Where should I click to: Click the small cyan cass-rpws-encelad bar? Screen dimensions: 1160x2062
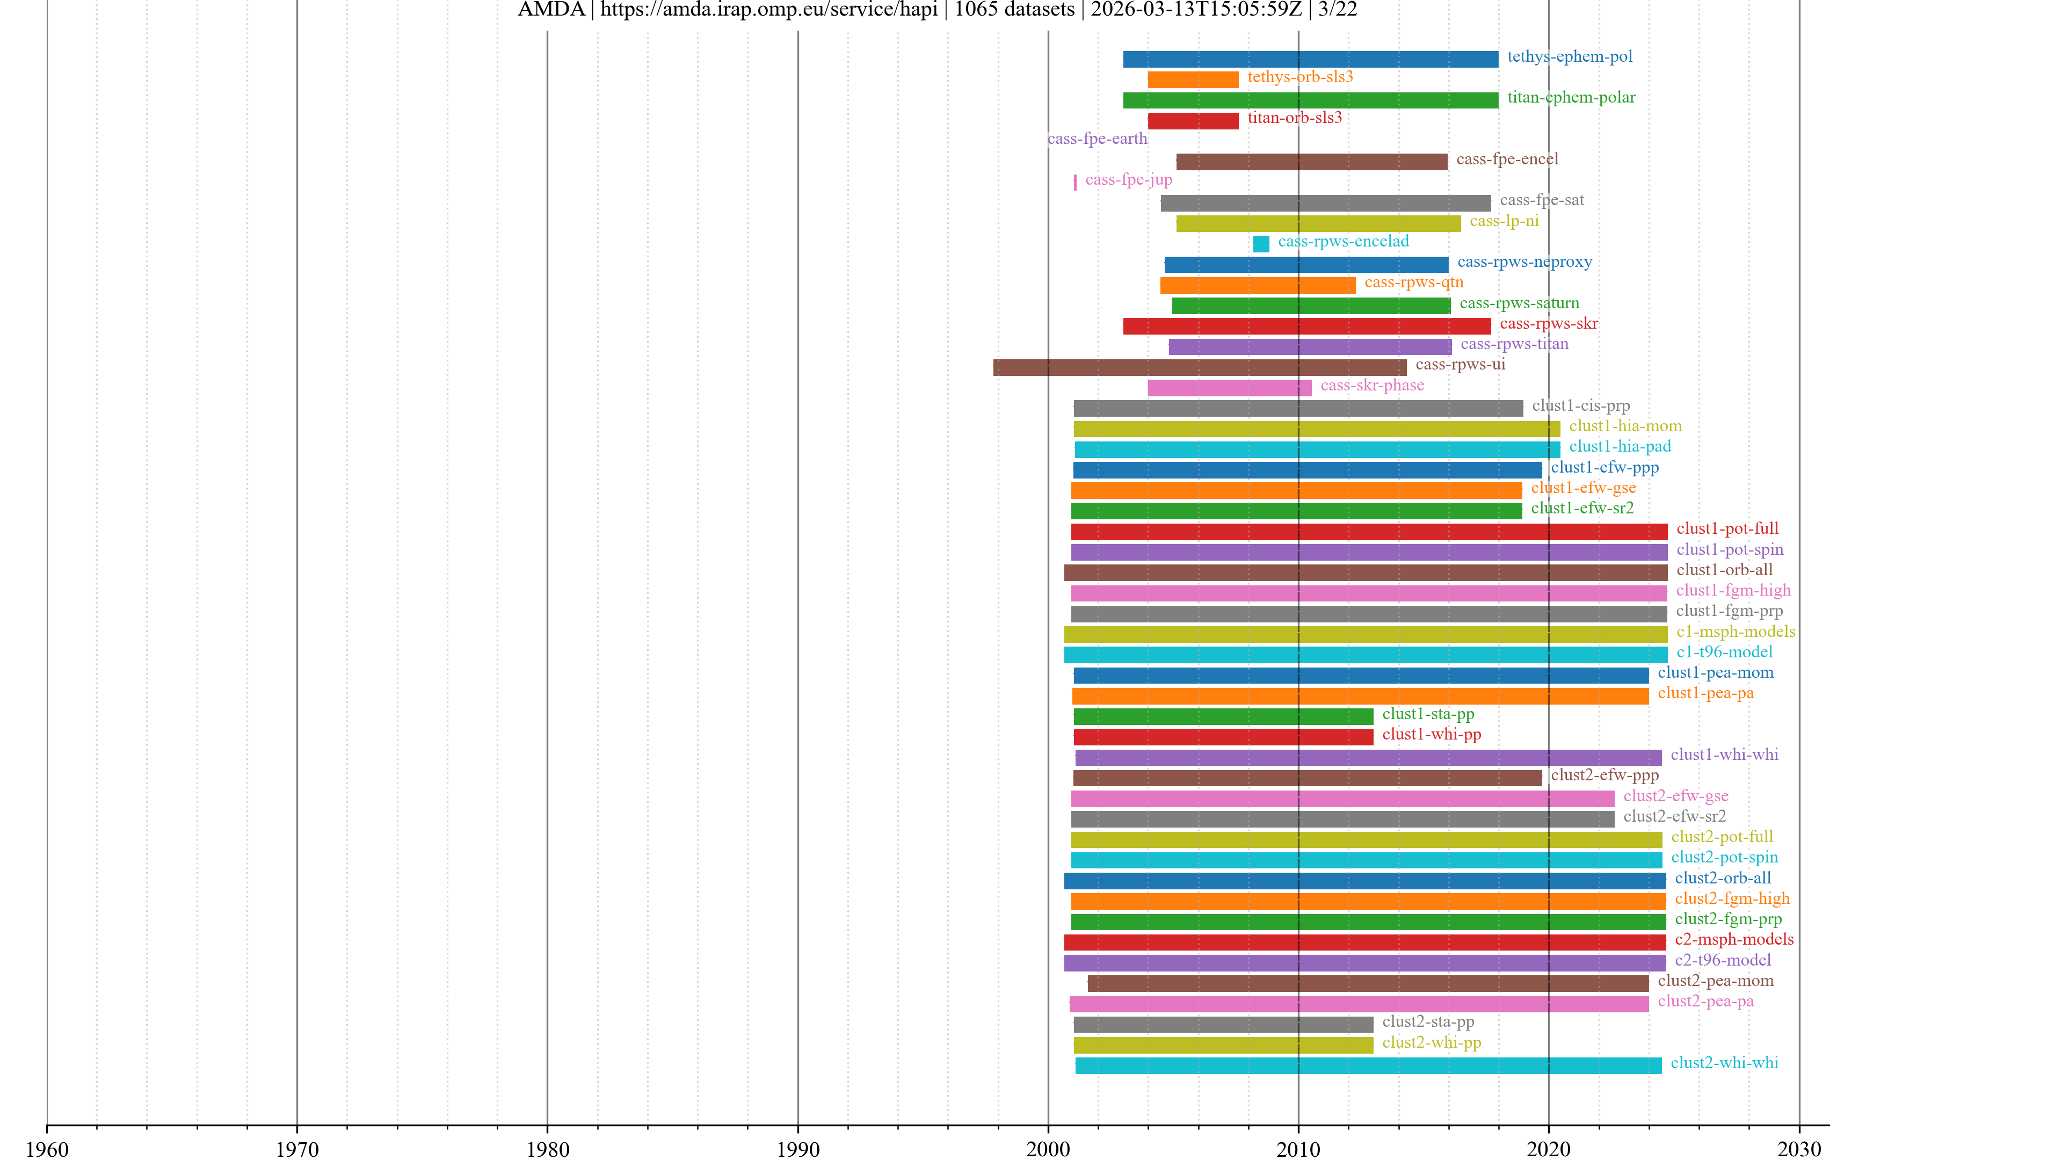coord(1261,243)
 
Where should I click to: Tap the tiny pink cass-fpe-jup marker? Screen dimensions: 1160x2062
coord(1075,183)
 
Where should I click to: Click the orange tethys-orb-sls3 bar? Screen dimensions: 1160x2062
coord(1193,79)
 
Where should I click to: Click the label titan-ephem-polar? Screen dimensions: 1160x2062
coord(1571,98)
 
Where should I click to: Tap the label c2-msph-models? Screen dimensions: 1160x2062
coord(1734,939)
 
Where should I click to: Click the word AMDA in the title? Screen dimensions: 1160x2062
coord(551,10)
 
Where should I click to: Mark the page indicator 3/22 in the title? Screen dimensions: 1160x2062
coord(1338,10)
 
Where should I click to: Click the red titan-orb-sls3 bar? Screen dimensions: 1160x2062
coord(1193,121)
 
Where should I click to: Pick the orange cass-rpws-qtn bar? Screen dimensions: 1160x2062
coord(1258,285)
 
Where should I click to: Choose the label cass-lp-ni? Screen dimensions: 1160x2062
coord(1504,221)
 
